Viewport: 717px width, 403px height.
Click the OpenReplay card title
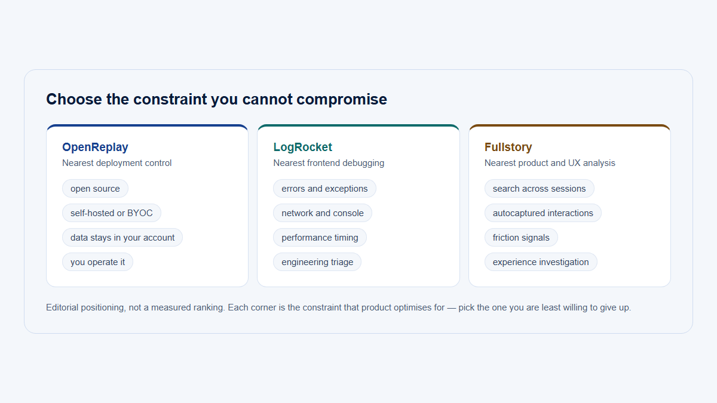coord(95,147)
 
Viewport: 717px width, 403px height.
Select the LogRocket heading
coord(302,147)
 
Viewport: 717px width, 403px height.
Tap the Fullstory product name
coord(508,147)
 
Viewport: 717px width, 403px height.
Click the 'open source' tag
coord(95,189)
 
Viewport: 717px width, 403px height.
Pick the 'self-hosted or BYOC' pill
coord(111,213)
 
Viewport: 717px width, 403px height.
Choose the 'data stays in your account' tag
coord(122,238)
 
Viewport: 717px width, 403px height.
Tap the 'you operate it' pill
coord(97,262)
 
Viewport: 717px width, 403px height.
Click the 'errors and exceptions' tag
coord(324,189)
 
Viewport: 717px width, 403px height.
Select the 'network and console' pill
coord(323,213)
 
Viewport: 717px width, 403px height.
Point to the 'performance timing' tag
coord(320,238)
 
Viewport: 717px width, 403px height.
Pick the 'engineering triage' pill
coord(317,262)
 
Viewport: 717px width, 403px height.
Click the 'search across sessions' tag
coord(540,189)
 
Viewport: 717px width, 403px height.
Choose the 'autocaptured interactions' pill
coord(543,213)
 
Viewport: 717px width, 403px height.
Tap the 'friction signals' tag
coord(521,238)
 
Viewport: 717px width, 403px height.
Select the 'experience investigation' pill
coord(541,262)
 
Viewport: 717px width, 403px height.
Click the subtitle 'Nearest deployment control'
coord(117,163)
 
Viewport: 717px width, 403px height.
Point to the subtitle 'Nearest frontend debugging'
coord(329,163)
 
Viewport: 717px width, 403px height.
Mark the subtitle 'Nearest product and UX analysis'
coord(550,163)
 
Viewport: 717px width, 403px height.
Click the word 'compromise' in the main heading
coord(342,100)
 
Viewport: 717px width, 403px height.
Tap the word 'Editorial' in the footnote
coord(62,307)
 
